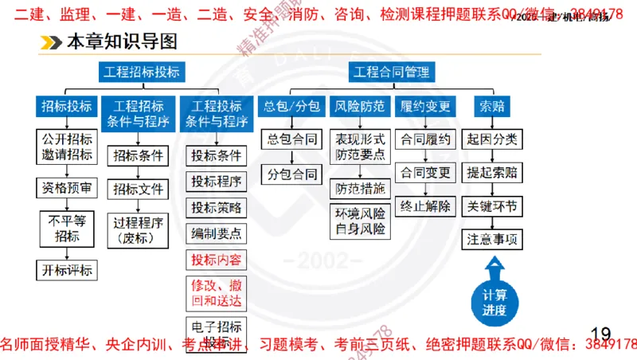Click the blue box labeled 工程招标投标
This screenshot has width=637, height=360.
141,72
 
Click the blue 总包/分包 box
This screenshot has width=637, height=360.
292,106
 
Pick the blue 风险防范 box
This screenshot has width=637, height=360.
360,106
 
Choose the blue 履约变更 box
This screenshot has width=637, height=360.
426,106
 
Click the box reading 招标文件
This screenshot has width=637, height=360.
138,189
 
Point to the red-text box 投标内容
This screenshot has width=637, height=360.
216,260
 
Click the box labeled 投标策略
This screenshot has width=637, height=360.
216,207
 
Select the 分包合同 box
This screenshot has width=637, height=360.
292,174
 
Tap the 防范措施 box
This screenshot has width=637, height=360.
360,189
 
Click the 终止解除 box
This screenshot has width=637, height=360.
426,206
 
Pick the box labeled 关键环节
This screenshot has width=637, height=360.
493,206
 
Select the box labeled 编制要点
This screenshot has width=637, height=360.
216,233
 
